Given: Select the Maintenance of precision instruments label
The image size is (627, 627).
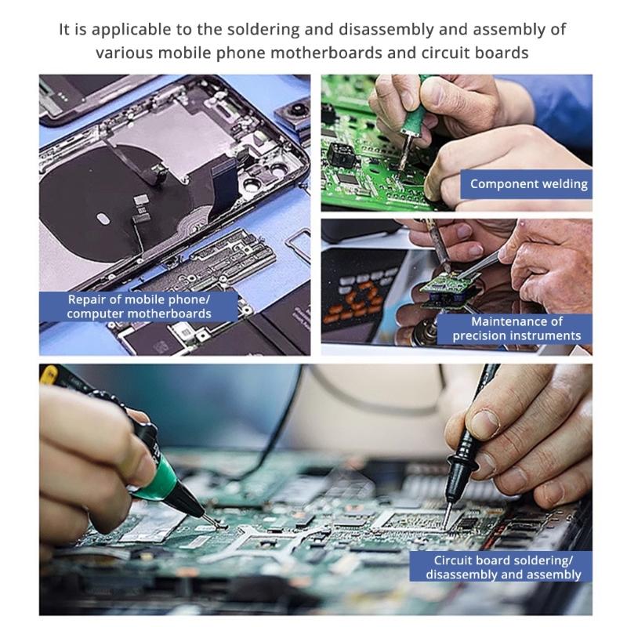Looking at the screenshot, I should coord(516,328).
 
